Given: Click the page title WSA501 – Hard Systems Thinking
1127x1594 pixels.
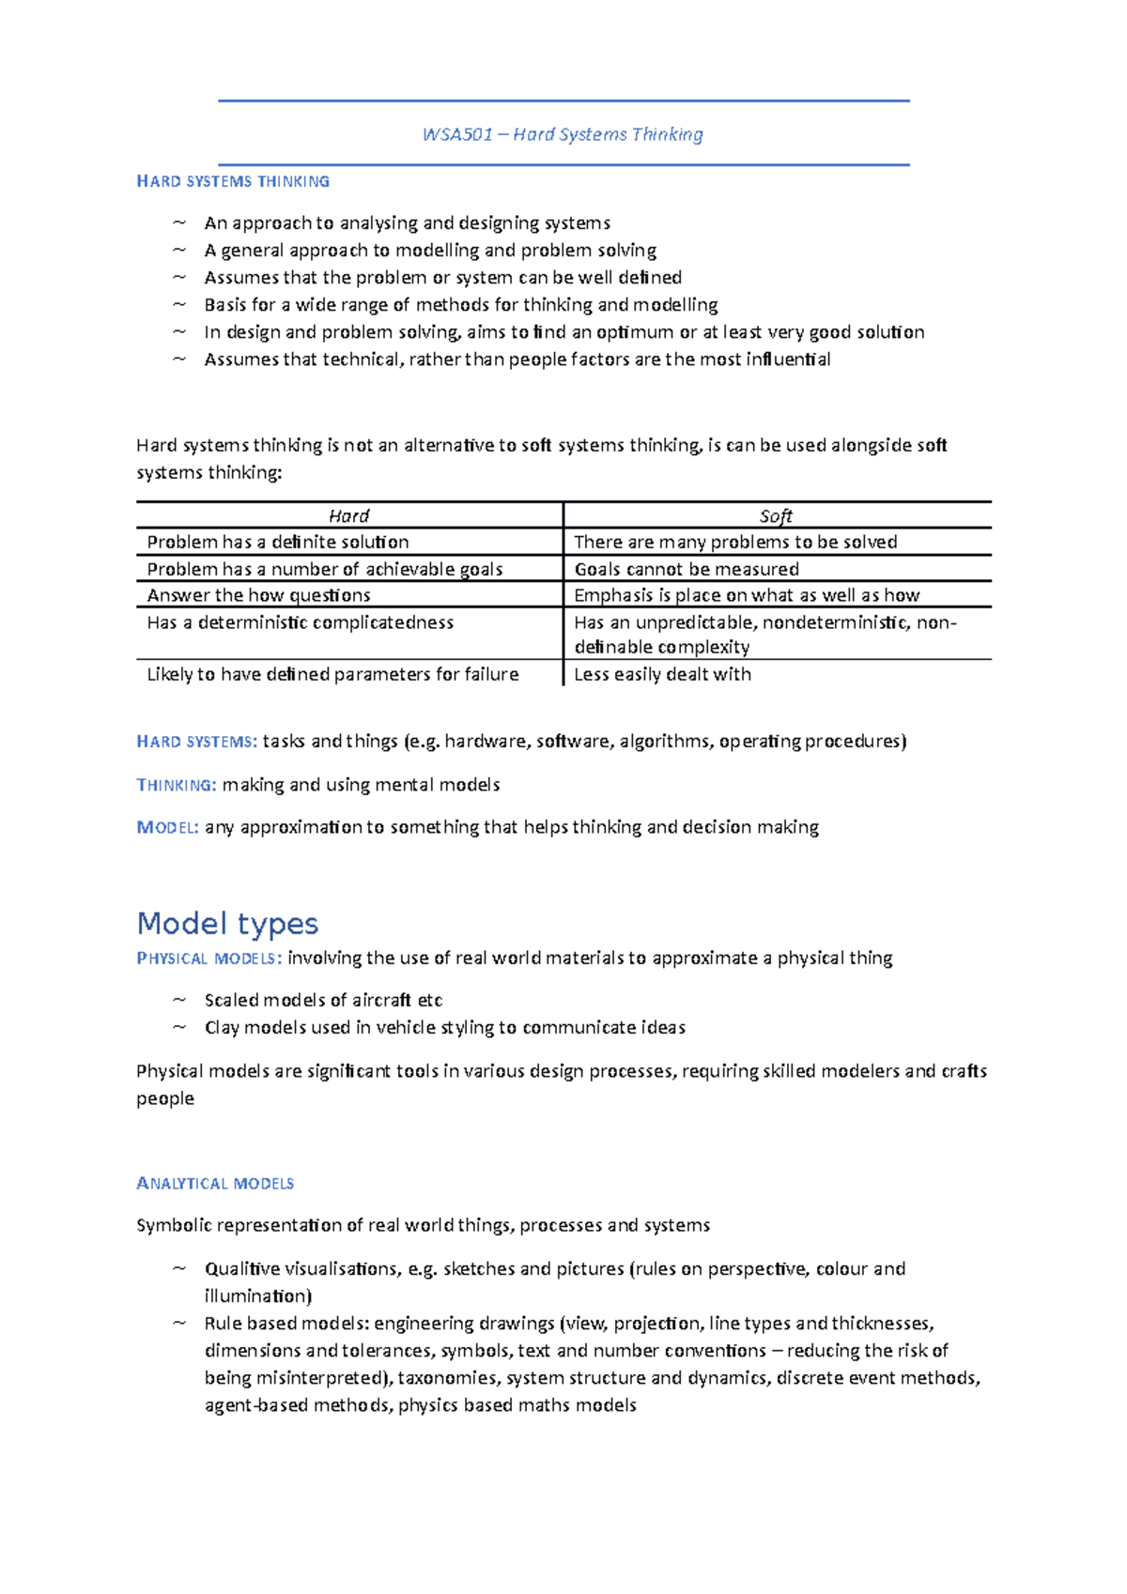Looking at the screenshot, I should pos(563,134).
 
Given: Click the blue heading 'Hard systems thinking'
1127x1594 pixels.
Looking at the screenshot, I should pos(233,181).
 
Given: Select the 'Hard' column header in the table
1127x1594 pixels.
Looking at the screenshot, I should pos(348,515).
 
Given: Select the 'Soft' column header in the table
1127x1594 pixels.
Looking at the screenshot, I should pos(776,515).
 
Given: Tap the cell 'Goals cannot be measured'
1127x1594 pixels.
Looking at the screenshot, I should pos(687,569).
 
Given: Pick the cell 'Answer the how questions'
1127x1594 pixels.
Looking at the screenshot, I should pos(258,595).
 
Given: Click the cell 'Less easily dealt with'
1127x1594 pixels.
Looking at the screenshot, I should pos(662,674).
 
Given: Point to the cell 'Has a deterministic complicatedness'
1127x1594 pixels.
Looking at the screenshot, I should pos(300,622).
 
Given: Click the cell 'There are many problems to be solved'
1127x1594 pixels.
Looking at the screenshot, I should pos(735,542).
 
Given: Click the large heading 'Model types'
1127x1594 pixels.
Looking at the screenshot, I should pos(227,924).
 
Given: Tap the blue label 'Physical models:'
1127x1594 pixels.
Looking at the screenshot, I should pos(208,958).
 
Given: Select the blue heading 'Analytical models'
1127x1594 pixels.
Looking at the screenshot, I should pos(215,1184).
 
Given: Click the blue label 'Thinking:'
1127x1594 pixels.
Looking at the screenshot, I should pos(177,785).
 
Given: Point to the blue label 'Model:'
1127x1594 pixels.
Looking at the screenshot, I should pos(167,827).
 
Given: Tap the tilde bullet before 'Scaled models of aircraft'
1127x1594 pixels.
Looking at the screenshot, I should pos(179,1000).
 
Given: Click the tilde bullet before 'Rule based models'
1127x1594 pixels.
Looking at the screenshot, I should pos(179,1324).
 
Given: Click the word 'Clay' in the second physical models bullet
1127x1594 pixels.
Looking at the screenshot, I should pos(222,1028).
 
